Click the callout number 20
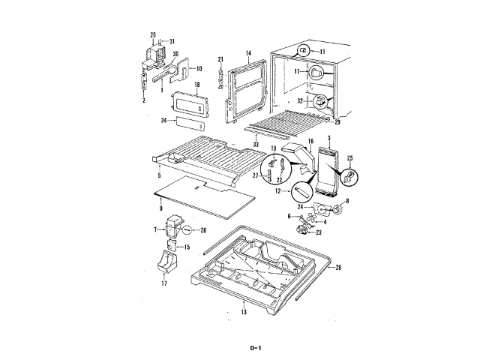tap(153, 35)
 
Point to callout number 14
tap(247, 53)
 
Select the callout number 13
tap(244, 310)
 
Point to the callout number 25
tap(349, 160)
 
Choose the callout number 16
tap(310, 141)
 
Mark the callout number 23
tap(319, 233)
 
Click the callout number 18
tap(196, 87)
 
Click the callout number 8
tap(346, 202)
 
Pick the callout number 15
tap(187, 247)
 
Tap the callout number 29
tap(337, 122)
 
